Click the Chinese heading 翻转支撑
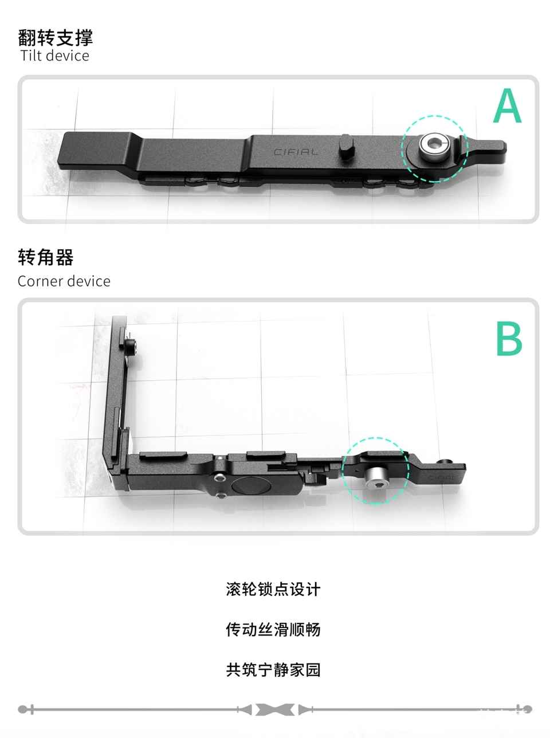click(x=55, y=37)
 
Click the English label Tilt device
click(x=55, y=56)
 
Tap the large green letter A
click(x=507, y=105)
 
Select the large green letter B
click(x=509, y=338)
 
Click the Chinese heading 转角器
click(x=46, y=257)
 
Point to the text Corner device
click(x=64, y=281)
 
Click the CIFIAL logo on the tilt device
click(x=296, y=152)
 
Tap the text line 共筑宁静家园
click(x=273, y=670)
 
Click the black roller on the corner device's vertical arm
click(x=130, y=347)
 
